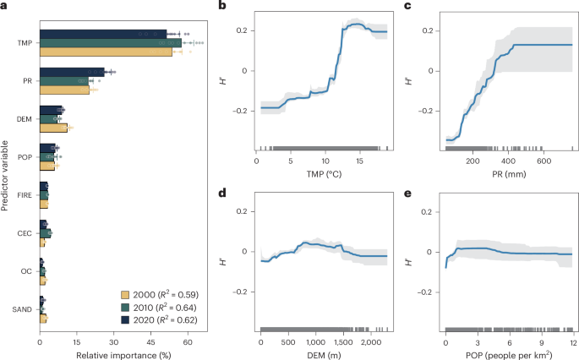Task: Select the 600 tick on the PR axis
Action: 533,160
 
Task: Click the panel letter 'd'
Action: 222,193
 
